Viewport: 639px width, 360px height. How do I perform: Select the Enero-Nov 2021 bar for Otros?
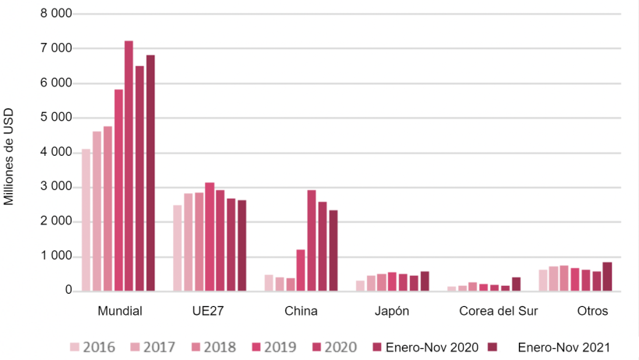coord(607,277)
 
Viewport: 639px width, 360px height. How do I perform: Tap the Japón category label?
coord(392,311)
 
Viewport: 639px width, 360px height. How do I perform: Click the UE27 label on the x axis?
coord(208,311)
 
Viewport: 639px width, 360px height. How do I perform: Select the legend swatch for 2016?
coord(75,347)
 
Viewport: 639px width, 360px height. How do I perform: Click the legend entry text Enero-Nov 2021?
coord(563,347)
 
